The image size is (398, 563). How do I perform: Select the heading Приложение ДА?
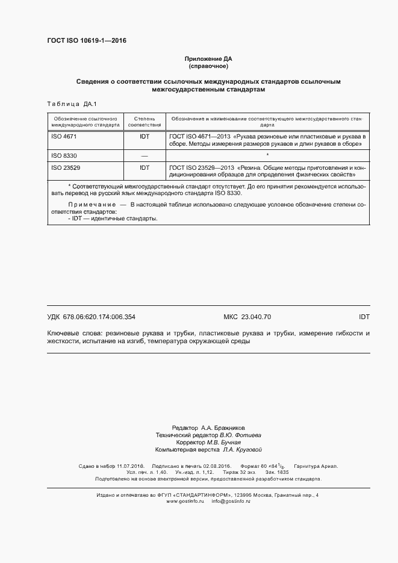click(x=208, y=58)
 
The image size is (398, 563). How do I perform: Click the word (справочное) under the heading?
click(x=208, y=66)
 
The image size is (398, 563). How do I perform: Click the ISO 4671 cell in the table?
click(x=64, y=137)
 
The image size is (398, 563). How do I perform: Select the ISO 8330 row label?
click(x=64, y=155)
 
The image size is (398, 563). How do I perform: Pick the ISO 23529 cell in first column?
click(x=66, y=167)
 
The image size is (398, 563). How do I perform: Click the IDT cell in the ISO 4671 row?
click(x=145, y=137)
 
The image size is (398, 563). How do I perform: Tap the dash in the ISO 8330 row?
click(x=145, y=156)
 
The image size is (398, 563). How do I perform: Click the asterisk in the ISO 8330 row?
click(x=267, y=155)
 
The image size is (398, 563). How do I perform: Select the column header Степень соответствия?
click(x=145, y=122)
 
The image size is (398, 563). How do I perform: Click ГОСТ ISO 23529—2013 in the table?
click(x=202, y=167)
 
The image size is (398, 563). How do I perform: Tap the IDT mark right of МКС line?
click(x=364, y=316)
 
